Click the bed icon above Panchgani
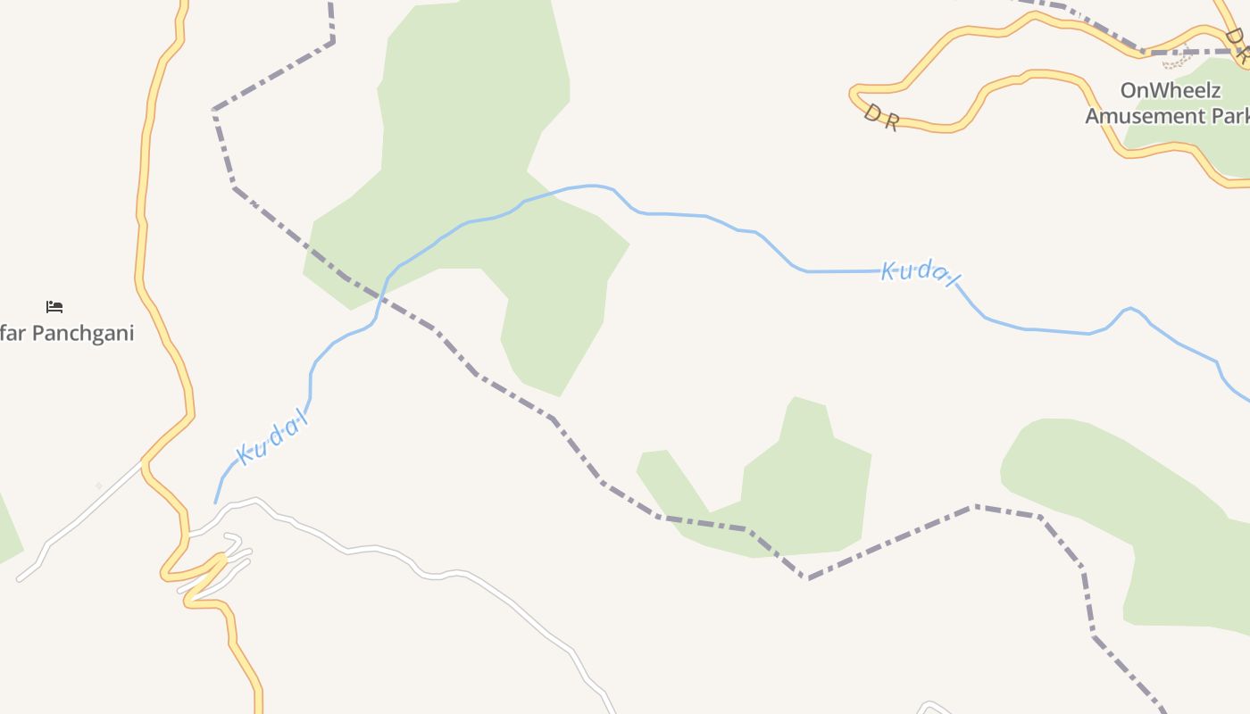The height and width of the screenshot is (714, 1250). tap(54, 307)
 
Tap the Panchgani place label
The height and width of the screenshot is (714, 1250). tap(67, 334)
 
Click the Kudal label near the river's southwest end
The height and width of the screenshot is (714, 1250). tap(272, 437)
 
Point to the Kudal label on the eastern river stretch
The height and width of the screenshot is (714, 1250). tap(920, 272)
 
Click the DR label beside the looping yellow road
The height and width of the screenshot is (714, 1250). tap(880, 117)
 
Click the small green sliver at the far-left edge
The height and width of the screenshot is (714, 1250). tap(7, 531)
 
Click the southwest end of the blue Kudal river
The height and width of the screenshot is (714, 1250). tap(215, 502)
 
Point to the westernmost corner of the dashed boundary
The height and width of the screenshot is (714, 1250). tap(214, 110)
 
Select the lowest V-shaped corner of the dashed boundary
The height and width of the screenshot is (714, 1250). tap(808, 578)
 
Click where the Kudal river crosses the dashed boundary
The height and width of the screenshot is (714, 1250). tap(380, 295)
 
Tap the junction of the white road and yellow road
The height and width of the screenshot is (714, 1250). tap(143, 461)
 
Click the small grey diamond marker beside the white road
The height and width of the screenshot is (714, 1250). tap(98, 486)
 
